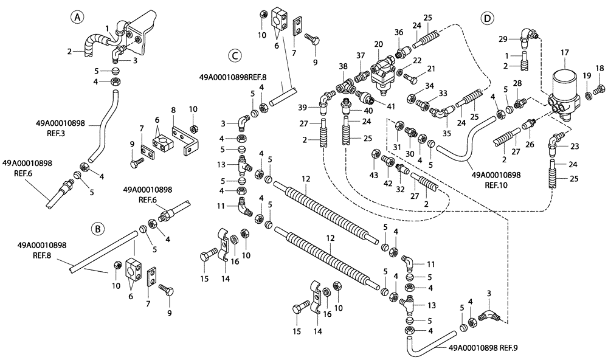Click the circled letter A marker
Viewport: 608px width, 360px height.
[x=77, y=17]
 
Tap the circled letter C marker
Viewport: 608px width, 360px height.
[x=235, y=55]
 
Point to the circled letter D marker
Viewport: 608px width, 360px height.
[x=486, y=18]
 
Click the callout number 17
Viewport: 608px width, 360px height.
[x=564, y=52]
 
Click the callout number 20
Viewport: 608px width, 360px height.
[x=379, y=44]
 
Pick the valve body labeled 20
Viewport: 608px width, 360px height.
[x=382, y=72]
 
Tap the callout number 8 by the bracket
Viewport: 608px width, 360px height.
[x=173, y=110]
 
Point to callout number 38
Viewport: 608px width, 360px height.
[x=344, y=66]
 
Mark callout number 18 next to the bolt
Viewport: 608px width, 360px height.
[x=599, y=67]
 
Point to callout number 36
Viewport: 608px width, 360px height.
[x=399, y=32]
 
